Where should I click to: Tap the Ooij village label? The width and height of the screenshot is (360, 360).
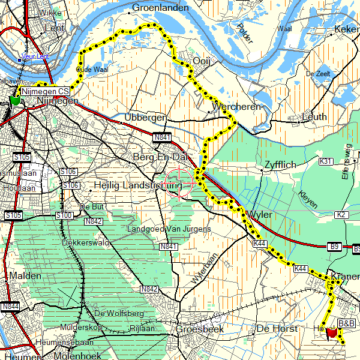pyautogui.click(x=201, y=61)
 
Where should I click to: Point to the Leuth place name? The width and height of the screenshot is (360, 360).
pyautogui.click(x=315, y=116)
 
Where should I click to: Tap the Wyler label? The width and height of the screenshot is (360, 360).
pyautogui.click(x=259, y=215)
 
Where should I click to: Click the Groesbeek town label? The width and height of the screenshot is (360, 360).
pyautogui.click(x=199, y=329)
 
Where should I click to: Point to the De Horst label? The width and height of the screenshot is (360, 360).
pyautogui.click(x=277, y=329)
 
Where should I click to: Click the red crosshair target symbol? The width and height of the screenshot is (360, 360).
pyautogui.click(x=179, y=182)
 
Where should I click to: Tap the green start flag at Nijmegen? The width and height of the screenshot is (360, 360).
pyautogui.click(x=14, y=100)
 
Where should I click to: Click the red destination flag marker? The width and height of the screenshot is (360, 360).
pyautogui.click(x=331, y=333)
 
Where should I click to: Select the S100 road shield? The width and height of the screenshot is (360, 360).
pyautogui.click(x=64, y=215)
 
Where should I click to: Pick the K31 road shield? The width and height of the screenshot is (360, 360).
pyautogui.click(x=326, y=161)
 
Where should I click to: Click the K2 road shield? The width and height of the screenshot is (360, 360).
pyautogui.click(x=341, y=215)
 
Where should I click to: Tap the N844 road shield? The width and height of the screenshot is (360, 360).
pyautogui.click(x=9, y=307)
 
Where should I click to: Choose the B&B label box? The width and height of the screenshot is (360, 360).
pyautogui.click(x=346, y=323)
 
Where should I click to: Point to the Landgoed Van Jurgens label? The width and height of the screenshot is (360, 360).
pyautogui.click(x=169, y=229)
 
